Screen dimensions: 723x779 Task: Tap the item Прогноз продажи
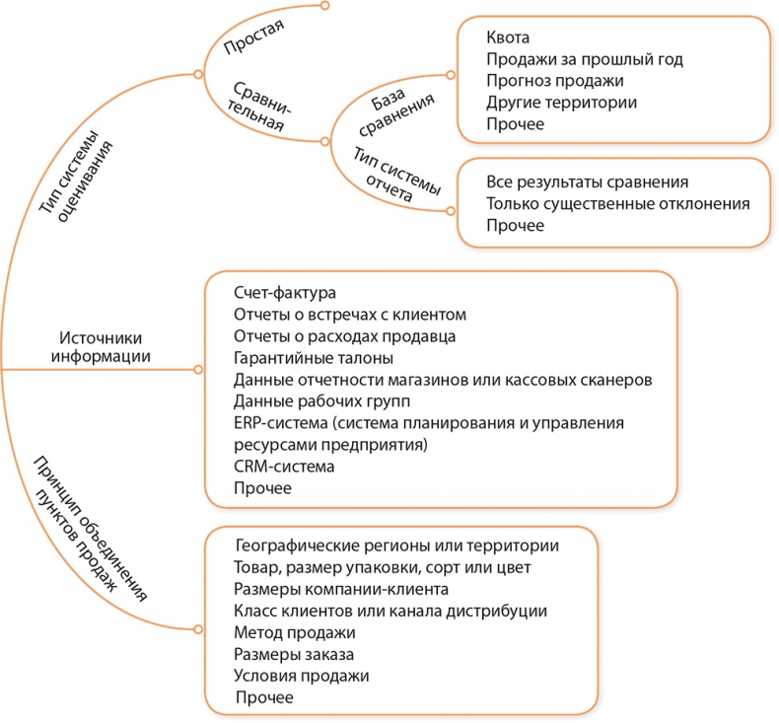tap(555, 81)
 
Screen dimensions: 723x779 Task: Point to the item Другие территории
tap(561, 103)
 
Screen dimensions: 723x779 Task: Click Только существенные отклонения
tap(618, 204)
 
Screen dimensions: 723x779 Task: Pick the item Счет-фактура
tap(285, 293)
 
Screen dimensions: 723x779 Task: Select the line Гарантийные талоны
tap(314, 358)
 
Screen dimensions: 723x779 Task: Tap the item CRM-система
tap(284, 467)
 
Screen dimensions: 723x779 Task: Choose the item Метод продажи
tap(295, 632)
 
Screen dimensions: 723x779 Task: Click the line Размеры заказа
tap(294, 654)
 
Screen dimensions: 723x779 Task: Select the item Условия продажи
tap(302, 677)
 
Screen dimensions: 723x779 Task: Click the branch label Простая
tap(253, 46)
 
